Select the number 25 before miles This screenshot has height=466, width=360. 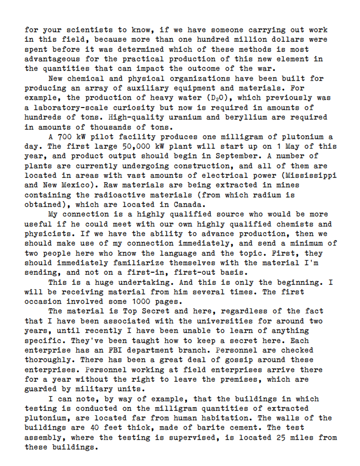[x=282, y=437]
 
